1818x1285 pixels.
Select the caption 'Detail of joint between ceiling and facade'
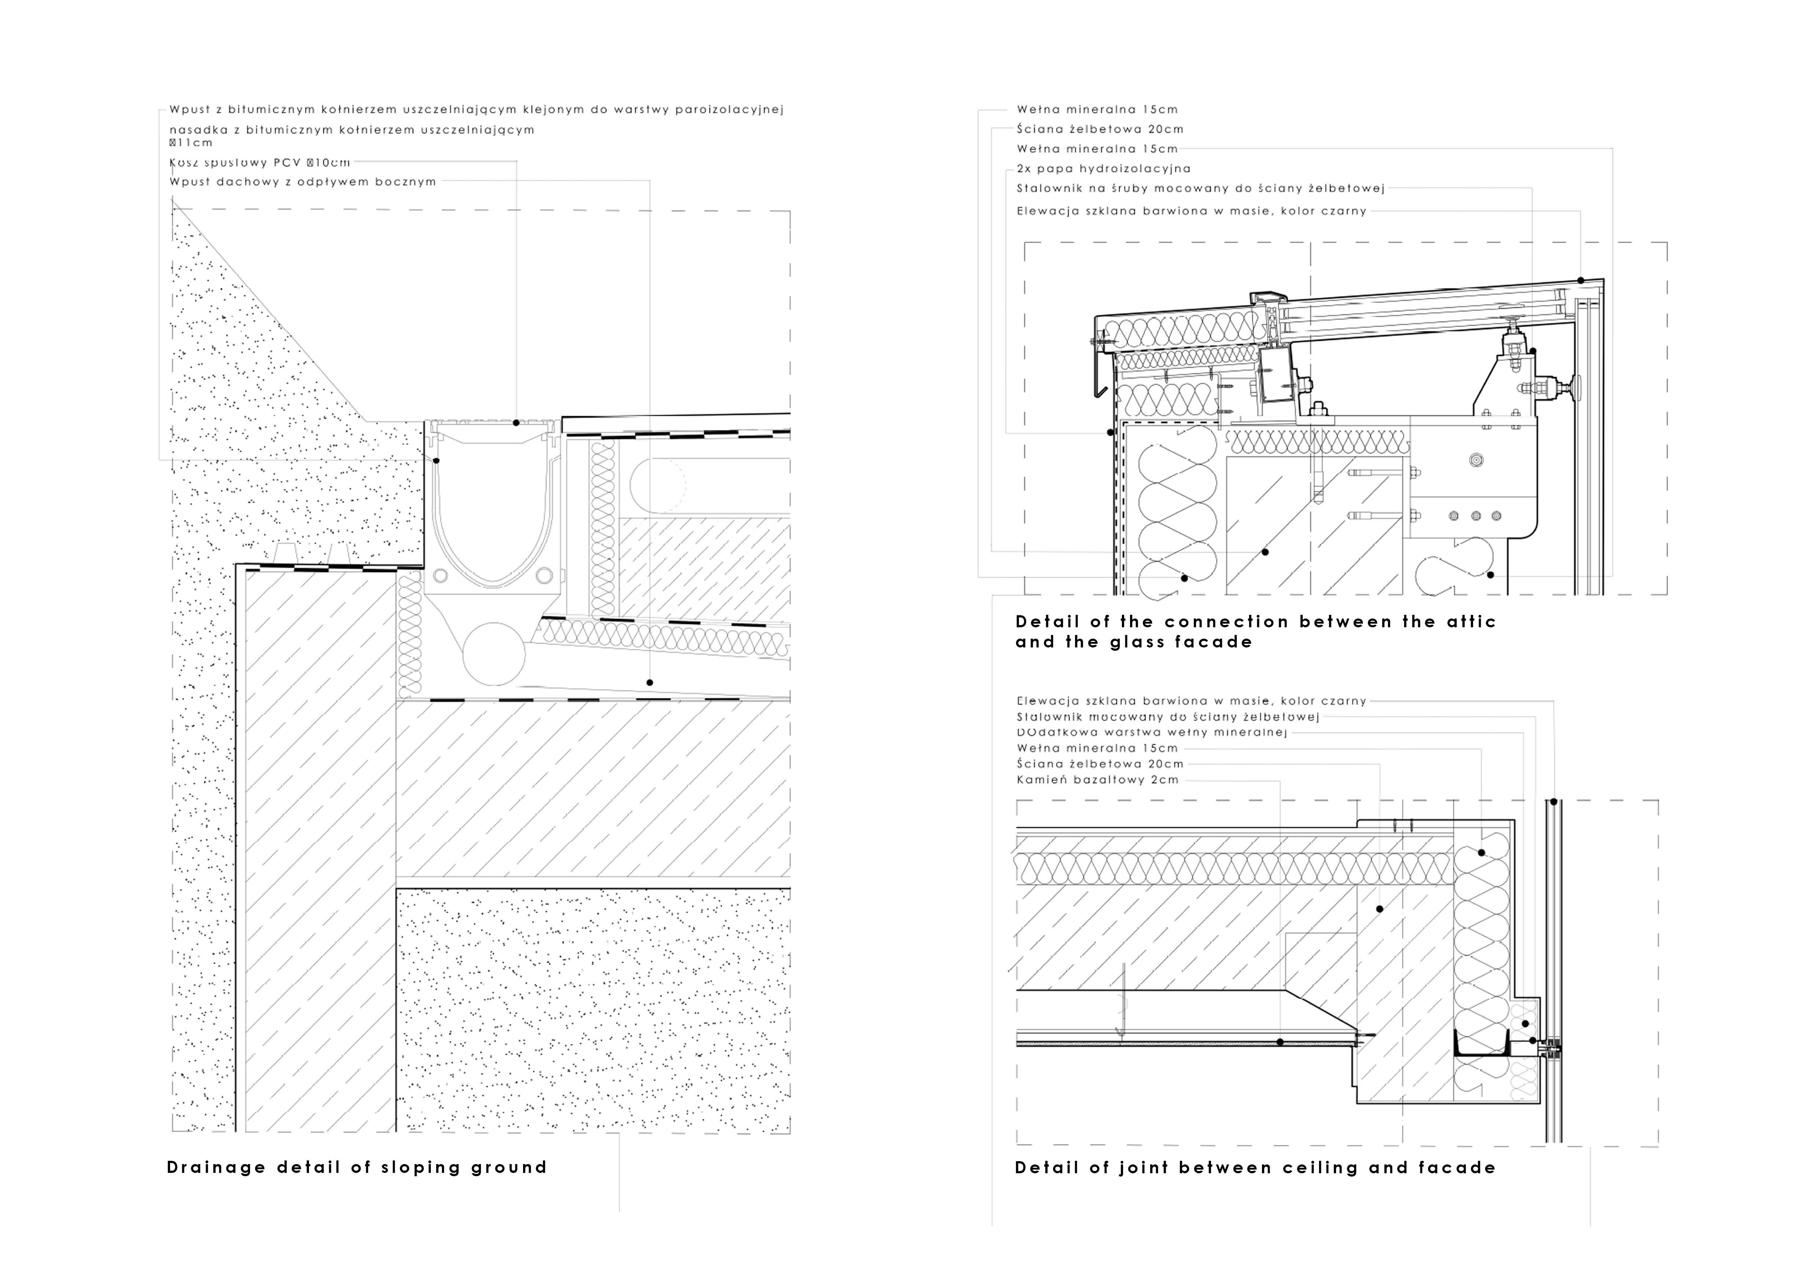(1255, 1168)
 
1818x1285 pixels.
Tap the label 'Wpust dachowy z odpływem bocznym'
(302, 182)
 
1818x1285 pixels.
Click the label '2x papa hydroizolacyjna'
(1103, 169)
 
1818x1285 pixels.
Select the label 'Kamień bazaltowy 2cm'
(1097, 780)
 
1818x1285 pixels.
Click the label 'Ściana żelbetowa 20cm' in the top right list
(1100, 129)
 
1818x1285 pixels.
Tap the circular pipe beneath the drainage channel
(493, 654)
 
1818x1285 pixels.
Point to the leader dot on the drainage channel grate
(516, 423)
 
